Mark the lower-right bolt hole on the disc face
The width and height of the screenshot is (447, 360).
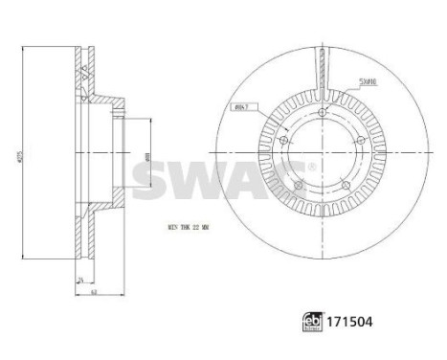pyautogui.click(x=335, y=179)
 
